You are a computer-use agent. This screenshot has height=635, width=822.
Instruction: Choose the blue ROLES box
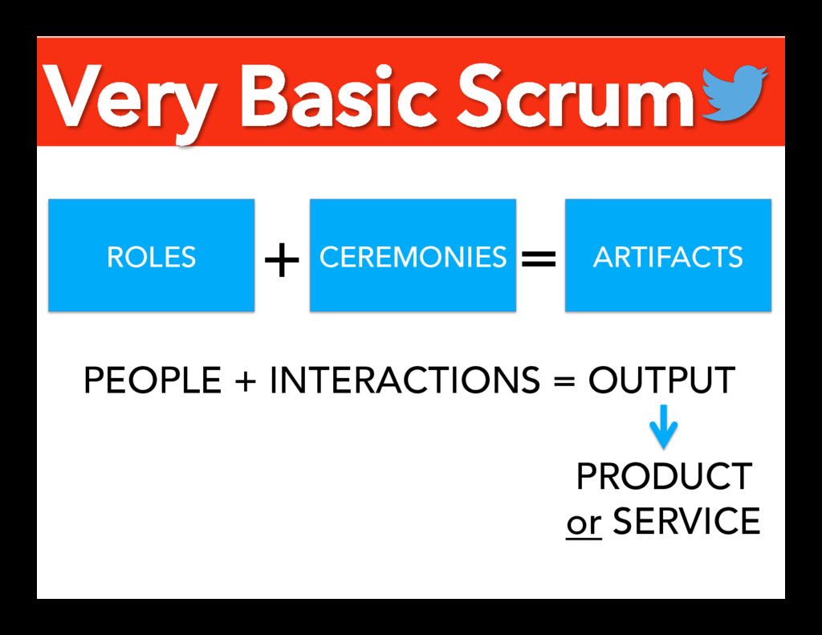click(x=151, y=255)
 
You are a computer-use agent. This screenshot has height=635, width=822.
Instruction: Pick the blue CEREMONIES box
click(x=413, y=255)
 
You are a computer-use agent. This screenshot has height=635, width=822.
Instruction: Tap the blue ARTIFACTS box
click(x=668, y=255)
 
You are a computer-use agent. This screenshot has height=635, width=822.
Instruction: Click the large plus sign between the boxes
click(x=282, y=260)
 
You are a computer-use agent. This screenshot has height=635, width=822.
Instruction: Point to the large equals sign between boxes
click(x=539, y=258)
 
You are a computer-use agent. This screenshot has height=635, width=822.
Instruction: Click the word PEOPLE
click(x=152, y=381)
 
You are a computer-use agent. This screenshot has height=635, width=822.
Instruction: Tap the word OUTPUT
click(x=661, y=381)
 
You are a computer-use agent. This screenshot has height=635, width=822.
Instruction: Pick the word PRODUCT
click(x=664, y=478)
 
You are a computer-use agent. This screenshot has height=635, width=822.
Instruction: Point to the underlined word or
click(x=584, y=523)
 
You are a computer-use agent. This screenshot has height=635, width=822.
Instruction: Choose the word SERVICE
click(x=686, y=522)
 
